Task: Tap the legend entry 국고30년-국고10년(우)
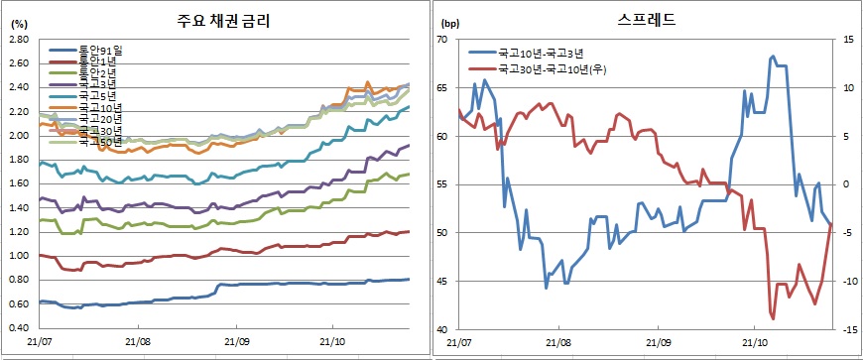click(556, 69)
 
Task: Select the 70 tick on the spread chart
click(442, 39)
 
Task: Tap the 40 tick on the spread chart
click(442, 329)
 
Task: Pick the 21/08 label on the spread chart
click(558, 343)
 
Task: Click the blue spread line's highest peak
click(773, 57)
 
